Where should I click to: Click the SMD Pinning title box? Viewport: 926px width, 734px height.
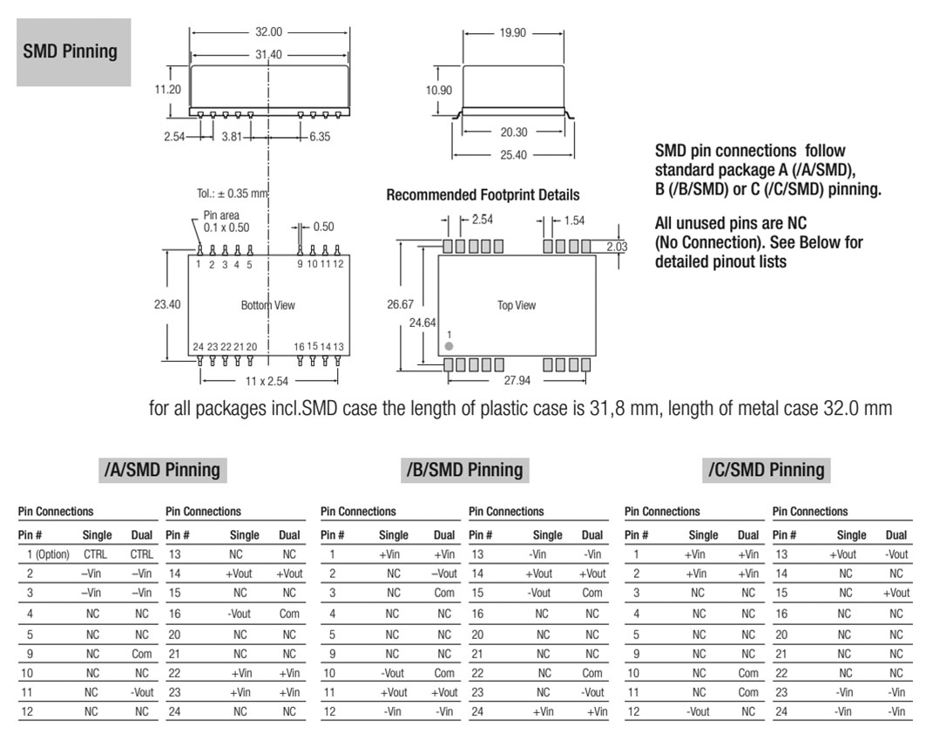(74, 52)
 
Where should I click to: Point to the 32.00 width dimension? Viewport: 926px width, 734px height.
(268, 32)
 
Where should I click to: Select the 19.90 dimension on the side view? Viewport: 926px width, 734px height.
(512, 32)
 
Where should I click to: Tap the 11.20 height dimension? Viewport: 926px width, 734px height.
(168, 89)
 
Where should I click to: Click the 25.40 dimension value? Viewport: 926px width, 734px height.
(513, 155)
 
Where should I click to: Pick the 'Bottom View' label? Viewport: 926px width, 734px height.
(267, 305)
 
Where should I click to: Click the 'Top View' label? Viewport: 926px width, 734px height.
(517, 305)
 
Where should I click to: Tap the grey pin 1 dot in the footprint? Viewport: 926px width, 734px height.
(449, 346)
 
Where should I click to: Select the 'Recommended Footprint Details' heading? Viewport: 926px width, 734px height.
(483, 195)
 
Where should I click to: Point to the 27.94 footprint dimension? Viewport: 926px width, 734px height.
(517, 380)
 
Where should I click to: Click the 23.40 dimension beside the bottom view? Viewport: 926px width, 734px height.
(167, 304)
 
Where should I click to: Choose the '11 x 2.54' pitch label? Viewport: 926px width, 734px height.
(267, 381)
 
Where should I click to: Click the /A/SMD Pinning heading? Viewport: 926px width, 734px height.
(162, 470)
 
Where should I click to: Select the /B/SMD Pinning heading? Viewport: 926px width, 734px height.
(465, 470)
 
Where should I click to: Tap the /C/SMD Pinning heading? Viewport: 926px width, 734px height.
(767, 470)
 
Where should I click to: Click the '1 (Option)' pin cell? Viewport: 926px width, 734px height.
(48, 554)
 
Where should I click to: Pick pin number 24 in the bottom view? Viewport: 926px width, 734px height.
(199, 347)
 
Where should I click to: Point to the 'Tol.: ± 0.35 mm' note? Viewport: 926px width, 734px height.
(232, 194)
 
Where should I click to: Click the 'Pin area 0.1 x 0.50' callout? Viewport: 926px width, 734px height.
(226, 221)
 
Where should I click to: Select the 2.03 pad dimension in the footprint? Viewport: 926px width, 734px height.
(617, 247)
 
